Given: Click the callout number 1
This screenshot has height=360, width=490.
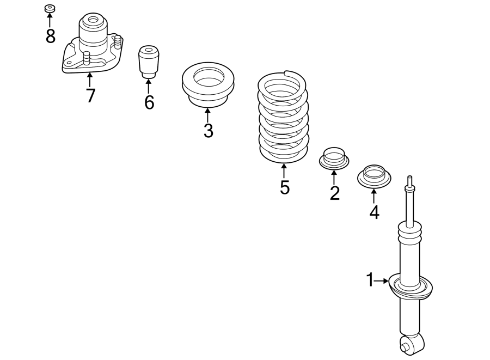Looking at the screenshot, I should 370,280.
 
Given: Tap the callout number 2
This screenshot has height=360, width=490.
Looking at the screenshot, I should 334,192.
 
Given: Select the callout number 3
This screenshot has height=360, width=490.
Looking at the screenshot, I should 208,131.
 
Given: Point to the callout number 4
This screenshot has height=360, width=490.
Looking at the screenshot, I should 374,211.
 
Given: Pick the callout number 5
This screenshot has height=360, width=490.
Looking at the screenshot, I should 284,187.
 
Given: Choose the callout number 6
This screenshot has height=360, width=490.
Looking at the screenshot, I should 149,102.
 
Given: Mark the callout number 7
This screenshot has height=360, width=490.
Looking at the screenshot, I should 90,95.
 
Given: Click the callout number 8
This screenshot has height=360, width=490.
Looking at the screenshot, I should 50,36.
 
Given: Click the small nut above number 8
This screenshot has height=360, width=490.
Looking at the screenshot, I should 50,9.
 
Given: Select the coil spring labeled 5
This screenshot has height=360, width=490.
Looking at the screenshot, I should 283,117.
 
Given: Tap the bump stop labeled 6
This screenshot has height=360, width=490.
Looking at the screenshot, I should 148,62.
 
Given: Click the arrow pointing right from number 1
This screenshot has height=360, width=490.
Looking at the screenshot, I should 382,280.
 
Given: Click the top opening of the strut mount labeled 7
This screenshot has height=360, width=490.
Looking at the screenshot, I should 92,21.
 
